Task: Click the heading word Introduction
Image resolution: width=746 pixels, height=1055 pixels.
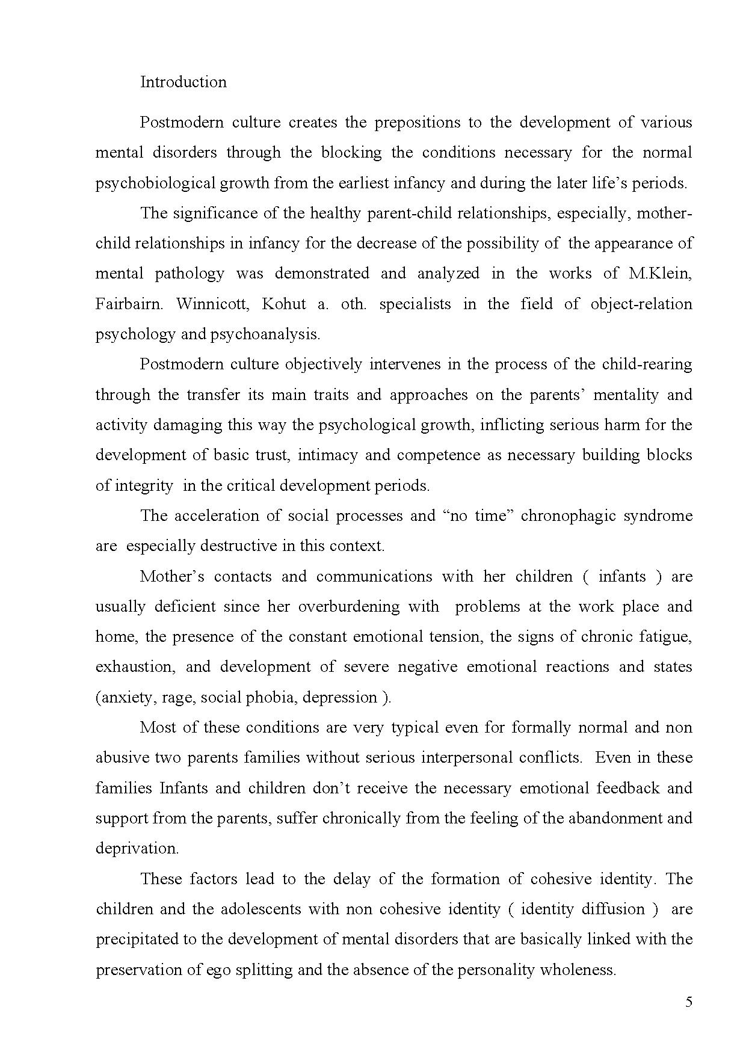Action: coord(183,82)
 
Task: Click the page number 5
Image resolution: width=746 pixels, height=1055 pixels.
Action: coord(689,1002)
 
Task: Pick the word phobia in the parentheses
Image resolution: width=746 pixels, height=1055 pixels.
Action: coord(274,698)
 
